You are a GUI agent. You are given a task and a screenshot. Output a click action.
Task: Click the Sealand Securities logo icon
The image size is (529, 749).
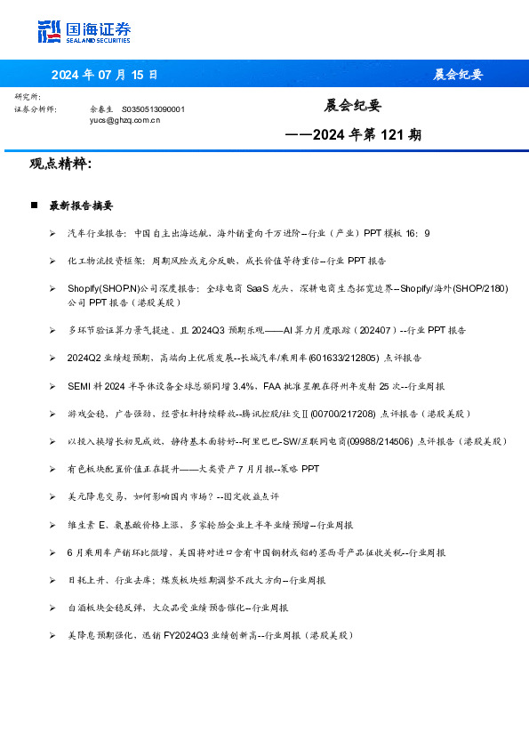[x=50, y=32]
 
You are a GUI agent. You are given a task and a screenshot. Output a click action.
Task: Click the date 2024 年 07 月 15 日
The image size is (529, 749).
[x=104, y=75]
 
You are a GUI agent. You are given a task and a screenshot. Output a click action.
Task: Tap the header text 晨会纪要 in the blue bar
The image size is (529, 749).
[x=457, y=75]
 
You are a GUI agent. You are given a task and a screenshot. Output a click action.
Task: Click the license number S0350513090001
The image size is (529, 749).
[x=153, y=109]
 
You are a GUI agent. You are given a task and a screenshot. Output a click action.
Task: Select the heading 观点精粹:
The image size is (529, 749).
[x=60, y=165]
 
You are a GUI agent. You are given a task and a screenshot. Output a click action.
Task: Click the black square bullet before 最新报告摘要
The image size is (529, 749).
[x=34, y=205]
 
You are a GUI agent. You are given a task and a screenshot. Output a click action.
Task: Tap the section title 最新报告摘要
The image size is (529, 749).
[x=81, y=205]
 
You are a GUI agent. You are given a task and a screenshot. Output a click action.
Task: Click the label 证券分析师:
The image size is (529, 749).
[x=36, y=109]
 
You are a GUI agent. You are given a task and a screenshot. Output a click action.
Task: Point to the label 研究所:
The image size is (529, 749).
[x=28, y=96]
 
